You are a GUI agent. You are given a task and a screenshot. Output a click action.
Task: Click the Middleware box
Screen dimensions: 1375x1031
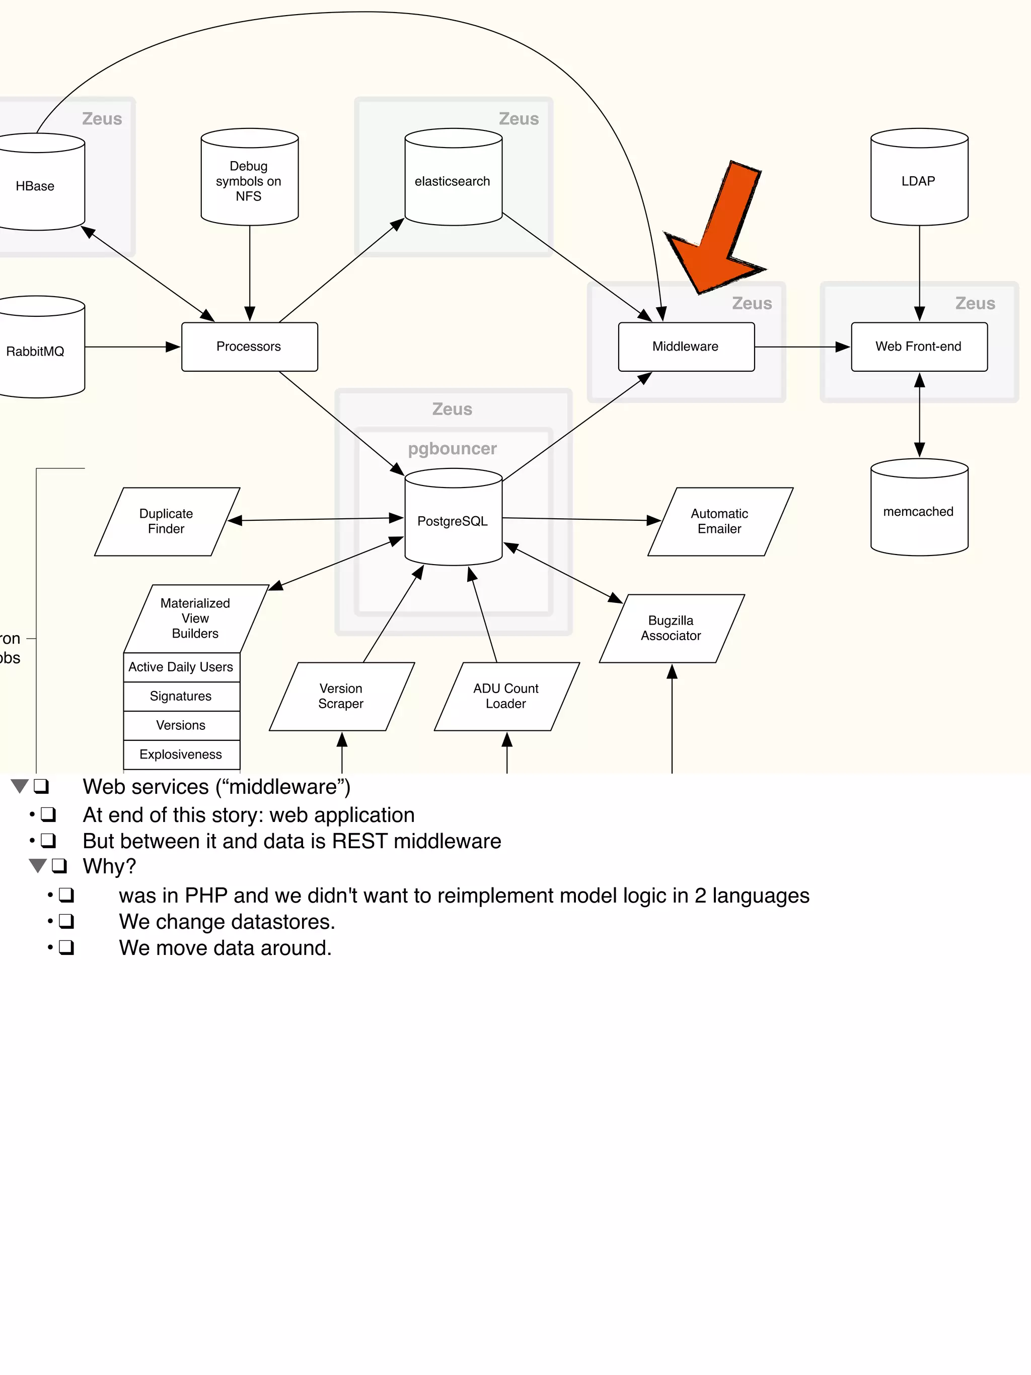(686, 347)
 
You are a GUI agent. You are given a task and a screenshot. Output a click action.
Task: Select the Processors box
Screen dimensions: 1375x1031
(249, 347)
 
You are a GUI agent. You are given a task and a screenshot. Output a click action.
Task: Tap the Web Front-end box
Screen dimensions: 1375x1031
(919, 347)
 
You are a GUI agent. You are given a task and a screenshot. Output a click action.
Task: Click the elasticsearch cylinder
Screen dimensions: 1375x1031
(453, 181)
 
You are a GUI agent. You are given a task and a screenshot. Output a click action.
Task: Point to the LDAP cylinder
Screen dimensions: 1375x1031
(919, 181)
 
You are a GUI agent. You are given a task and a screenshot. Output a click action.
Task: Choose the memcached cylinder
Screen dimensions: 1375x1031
(919, 512)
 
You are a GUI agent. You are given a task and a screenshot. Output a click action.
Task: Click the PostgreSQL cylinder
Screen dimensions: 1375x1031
(453, 521)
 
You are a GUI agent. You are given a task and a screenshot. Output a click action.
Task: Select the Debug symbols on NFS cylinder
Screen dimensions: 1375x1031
(249, 181)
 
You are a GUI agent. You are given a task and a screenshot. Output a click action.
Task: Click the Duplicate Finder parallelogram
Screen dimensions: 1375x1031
(167, 521)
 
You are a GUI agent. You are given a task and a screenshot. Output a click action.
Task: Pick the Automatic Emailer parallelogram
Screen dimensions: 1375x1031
(720, 521)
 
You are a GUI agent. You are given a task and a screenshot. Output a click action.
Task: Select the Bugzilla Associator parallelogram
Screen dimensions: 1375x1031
(671, 629)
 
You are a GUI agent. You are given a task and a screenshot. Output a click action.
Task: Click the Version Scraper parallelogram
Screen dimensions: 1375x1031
(341, 696)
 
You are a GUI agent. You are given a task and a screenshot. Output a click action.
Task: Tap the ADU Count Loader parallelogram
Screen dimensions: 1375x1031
(506, 696)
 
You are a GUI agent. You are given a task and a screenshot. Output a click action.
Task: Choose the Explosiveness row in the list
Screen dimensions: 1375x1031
(181, 754)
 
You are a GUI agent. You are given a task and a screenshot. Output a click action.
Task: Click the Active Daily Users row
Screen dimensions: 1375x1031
(181, 667)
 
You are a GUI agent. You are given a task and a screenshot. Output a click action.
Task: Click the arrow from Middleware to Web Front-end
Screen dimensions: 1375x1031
(801, 347)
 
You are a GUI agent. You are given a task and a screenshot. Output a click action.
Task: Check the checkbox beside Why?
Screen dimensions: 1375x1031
(59, 866)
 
